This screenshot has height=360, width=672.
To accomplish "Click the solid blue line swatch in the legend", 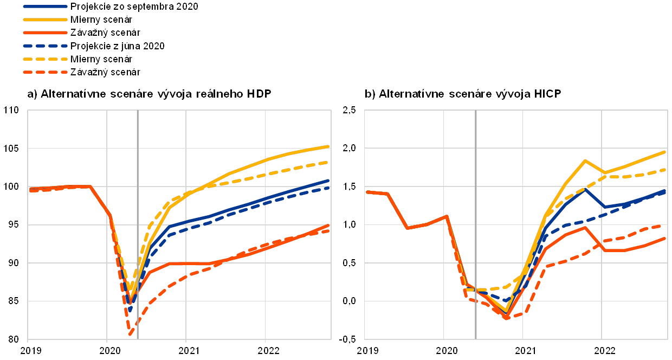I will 46,7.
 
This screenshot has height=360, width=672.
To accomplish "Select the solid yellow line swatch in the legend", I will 46,20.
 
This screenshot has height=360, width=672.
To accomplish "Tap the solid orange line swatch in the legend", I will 46,33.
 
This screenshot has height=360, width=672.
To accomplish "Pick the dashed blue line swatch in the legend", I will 46,46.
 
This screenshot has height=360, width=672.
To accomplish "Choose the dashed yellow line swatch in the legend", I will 46,59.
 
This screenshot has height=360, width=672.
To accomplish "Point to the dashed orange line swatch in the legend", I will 46,72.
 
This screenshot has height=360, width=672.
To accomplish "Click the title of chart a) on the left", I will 149,94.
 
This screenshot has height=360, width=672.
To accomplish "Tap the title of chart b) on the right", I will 464,94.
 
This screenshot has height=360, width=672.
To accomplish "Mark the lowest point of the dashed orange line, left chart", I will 131,335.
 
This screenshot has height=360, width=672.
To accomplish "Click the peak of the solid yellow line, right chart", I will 585,160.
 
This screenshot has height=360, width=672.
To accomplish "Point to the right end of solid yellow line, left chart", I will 329,146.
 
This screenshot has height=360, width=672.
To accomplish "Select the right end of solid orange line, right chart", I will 665,238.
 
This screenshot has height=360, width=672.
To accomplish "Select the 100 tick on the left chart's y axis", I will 12,187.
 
